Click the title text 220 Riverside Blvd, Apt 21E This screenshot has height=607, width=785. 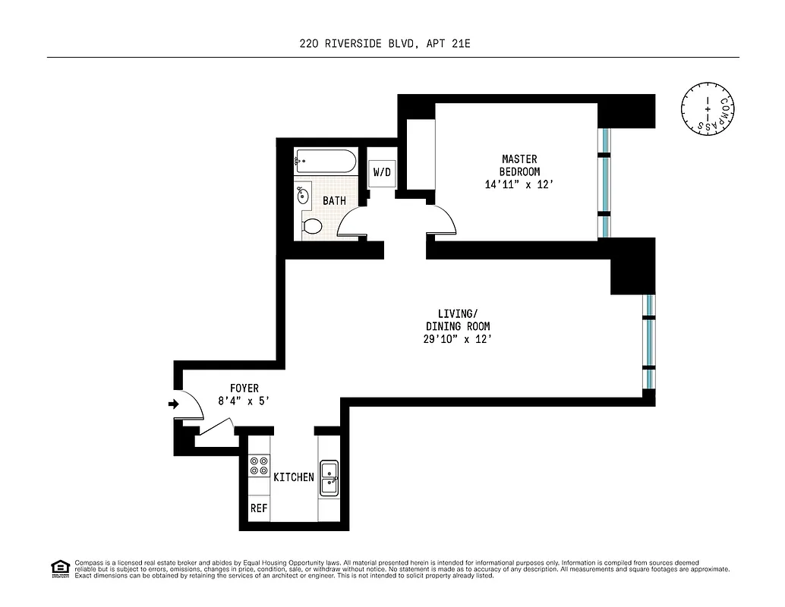click(x=386, y=44)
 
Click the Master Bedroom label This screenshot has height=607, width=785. click(x=519, y=165)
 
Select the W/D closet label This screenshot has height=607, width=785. click(x=381, y=173)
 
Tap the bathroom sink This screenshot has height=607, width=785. click(x=303, y=195)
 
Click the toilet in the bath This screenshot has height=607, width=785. click(x=311, y=226)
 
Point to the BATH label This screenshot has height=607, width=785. click(x=334, y=201)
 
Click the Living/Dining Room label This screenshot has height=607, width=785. click(x=458, y=320)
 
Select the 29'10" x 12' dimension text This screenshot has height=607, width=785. click(x=458, y=339)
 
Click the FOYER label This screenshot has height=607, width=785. click(x=244, y=388)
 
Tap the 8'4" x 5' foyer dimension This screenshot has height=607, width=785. click(x=244, y=402)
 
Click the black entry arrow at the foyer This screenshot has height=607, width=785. click(x=172, y=404)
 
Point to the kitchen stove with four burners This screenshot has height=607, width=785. click(x=259, y=465)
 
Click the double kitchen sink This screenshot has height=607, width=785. click(x=329, y=478)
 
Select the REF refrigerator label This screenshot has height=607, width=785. click(x=259, y=508)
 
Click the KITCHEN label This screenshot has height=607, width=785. click(x=293, y=477)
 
